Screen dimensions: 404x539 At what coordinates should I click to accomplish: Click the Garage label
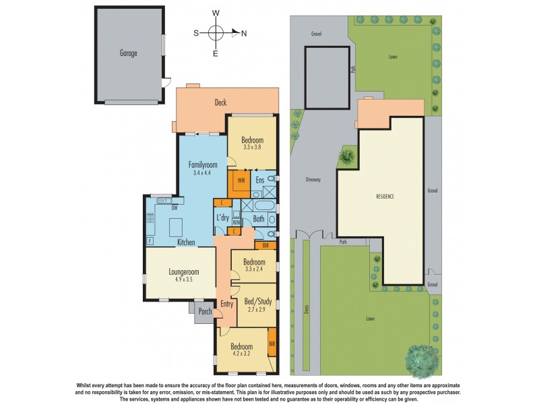click(129, 53)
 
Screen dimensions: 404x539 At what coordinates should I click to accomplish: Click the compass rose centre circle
click(216, 32)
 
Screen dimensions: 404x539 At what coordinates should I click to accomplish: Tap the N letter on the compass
click(244, 32)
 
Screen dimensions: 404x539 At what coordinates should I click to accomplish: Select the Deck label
click(220, 103)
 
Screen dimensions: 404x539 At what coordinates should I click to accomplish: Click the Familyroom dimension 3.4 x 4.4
click(203, 173)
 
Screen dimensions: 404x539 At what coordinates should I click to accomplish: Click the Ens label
click(260, 180)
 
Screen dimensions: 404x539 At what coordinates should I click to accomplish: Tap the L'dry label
click(222, 217)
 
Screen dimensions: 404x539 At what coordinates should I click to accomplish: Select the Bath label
click(259, 219)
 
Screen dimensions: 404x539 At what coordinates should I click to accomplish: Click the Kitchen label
click(187, 242)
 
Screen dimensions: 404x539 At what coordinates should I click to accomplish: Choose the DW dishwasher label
click(174, 208)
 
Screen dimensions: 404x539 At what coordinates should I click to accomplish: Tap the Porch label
click(204, 311)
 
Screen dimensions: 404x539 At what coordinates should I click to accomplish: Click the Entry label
click(226, 304)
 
